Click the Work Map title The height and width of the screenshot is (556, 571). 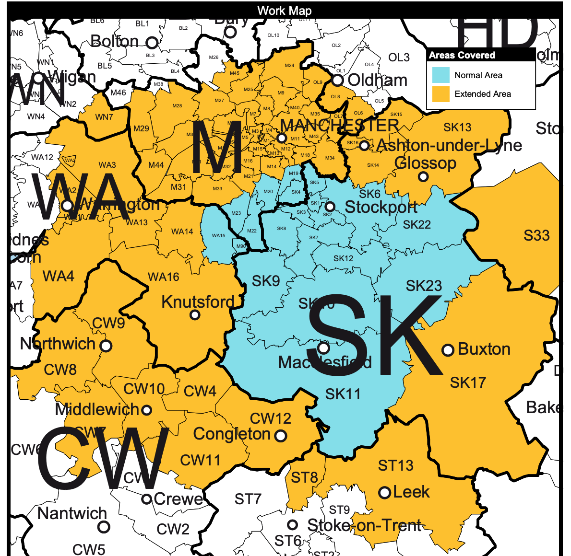[285, 11]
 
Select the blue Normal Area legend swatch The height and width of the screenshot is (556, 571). [440, 75]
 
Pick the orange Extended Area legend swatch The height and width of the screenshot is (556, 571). [440, 94]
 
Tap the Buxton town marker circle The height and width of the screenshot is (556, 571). [448, 350]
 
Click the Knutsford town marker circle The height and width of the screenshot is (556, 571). [195, 315]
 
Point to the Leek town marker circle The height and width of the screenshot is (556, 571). [384, 493]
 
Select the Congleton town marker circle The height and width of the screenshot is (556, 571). [281, 436]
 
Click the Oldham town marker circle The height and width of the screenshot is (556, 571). [338, 80]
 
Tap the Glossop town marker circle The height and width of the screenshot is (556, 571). [423, 176]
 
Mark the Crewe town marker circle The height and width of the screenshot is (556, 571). [147, 499]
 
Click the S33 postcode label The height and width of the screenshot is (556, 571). [536, 235]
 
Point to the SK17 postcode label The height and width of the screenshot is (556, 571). [468, 382]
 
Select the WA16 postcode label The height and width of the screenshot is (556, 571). [164, 277]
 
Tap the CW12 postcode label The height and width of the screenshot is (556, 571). [271, 418]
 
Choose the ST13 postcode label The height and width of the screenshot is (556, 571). [395, 465]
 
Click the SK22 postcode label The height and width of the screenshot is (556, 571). [416, 224]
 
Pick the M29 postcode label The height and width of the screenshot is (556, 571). [141, 128]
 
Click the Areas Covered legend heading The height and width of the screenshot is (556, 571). [462, 55]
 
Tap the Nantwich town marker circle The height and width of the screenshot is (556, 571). [104, 527]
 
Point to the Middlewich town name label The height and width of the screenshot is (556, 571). [97, 409]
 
